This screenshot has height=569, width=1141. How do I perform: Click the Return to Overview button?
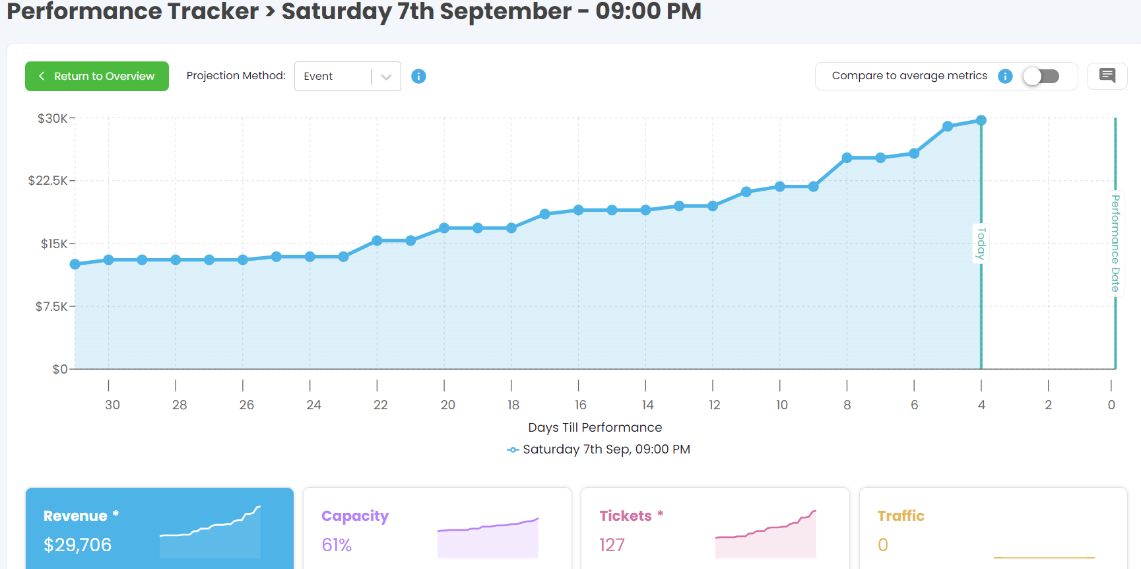point(97,76)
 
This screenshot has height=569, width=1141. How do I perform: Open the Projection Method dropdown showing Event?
point(347,77)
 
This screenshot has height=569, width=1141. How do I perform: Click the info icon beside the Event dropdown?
point(418,77)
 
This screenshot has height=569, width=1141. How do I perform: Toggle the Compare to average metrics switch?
point(1041,77)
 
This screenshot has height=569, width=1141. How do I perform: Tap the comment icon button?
point(1107,76)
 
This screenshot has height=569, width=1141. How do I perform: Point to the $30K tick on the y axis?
point(52,119)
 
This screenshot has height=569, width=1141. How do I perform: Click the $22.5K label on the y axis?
point(48,181)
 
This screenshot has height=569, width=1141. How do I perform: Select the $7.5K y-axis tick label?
point(51,306)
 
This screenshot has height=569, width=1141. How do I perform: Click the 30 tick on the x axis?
point(112,405)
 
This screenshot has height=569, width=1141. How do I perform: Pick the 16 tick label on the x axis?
point(580,405)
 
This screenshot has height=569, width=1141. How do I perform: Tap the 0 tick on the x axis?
point(1111,405)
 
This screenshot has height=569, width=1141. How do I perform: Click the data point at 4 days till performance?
point(981,120)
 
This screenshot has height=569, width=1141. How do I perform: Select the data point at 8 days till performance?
point(847,158)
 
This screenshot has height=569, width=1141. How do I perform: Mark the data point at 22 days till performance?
point(377,241)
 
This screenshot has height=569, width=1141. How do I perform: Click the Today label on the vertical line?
point(981,243)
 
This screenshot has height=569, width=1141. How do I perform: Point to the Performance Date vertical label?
point(1115,243)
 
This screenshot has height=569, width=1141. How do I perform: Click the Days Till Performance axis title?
point(595,428)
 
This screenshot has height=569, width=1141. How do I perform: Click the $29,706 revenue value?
point(77,545)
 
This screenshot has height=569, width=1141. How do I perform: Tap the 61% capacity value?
point(337,545)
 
